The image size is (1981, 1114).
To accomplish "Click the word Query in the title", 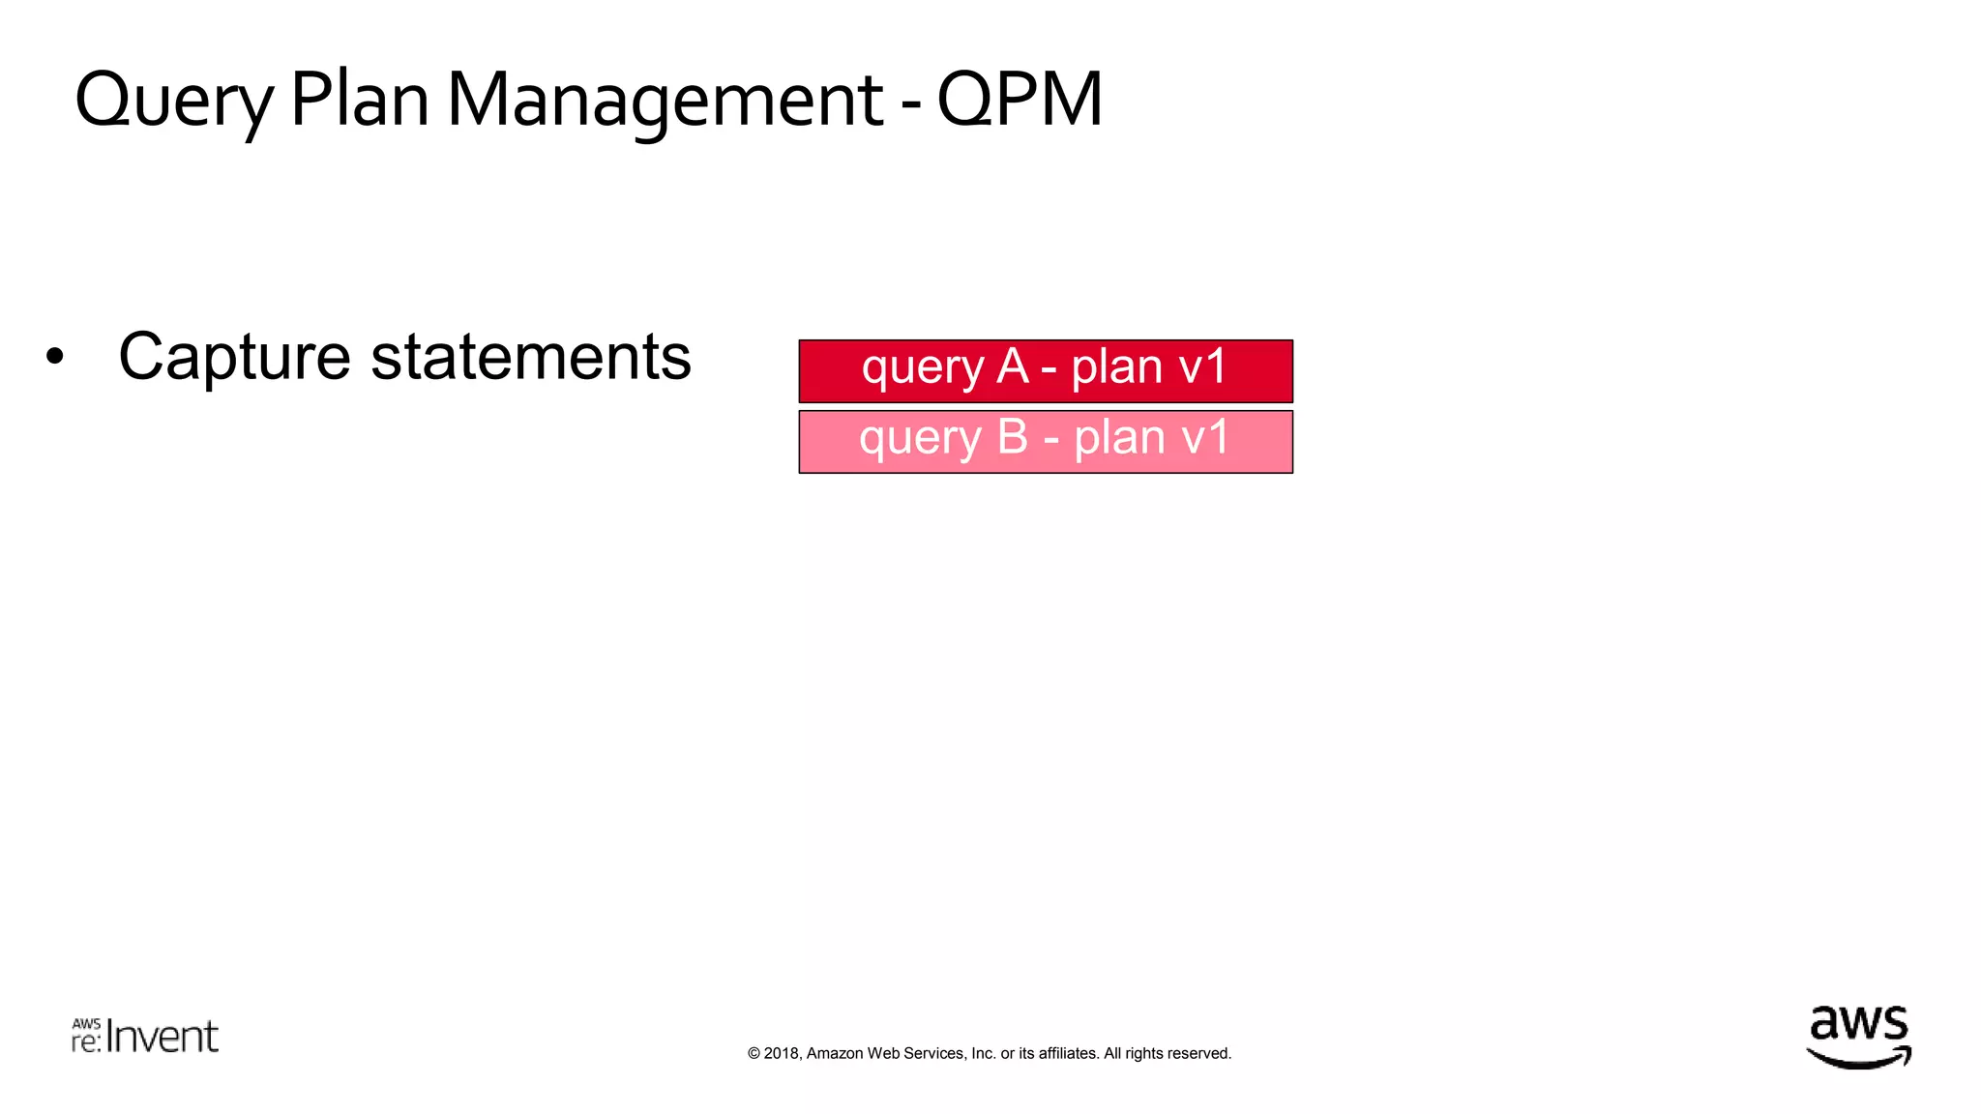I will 174,102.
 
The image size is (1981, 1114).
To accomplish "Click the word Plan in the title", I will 359,100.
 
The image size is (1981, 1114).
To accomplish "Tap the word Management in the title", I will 665,102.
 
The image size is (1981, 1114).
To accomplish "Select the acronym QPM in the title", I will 1020,100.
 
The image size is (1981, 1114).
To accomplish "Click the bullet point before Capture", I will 55,357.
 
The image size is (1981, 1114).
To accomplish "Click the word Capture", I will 233,358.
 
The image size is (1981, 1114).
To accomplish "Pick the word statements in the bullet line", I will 531,357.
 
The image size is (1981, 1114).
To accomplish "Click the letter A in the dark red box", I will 1013,367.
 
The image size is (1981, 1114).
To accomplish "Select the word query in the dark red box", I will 922,370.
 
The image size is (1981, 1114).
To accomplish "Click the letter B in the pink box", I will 1012,437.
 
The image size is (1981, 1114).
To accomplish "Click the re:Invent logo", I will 145,1036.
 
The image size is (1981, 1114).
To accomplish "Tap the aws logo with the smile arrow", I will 1858,1038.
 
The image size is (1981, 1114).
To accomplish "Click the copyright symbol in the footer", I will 754,1054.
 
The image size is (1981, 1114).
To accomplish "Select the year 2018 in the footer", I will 782,1054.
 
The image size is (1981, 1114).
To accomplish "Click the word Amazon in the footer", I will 834,1054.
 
